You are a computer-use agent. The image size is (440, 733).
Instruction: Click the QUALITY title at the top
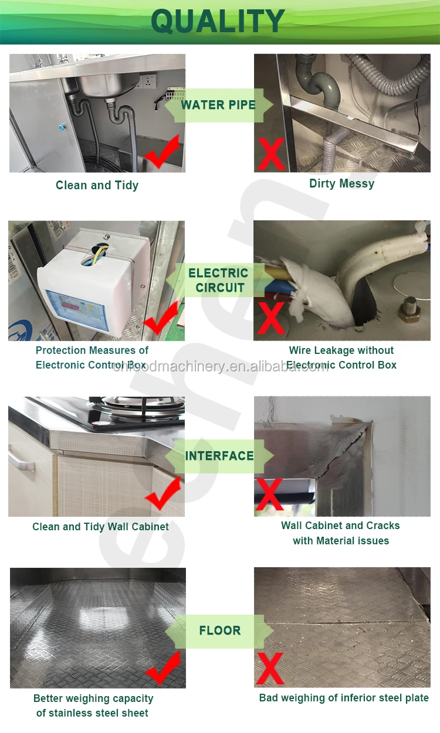tap(218, 22)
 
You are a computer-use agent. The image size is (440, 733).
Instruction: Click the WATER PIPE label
tap(218, 105)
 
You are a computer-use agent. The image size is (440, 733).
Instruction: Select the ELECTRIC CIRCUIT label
tap(218, 280)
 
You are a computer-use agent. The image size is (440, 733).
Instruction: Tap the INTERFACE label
tap(219, 456)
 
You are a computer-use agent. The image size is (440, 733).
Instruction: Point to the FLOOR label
tap(220, 630)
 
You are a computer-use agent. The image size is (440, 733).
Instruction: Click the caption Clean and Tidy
tap(97, 185)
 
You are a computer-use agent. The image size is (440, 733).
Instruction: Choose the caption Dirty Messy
tap(341, 183)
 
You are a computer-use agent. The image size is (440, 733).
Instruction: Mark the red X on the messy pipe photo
tap(271, 154)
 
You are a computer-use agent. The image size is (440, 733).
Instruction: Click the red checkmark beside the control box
tap(160, 319)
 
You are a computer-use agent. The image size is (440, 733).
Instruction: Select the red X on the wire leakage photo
tap(270, 319)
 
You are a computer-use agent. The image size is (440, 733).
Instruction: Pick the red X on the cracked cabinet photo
tap(269, 493)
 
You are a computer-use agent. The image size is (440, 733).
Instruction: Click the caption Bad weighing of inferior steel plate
tap(344, 698)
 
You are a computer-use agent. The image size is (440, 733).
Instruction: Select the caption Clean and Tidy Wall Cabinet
tap(100, 527)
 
